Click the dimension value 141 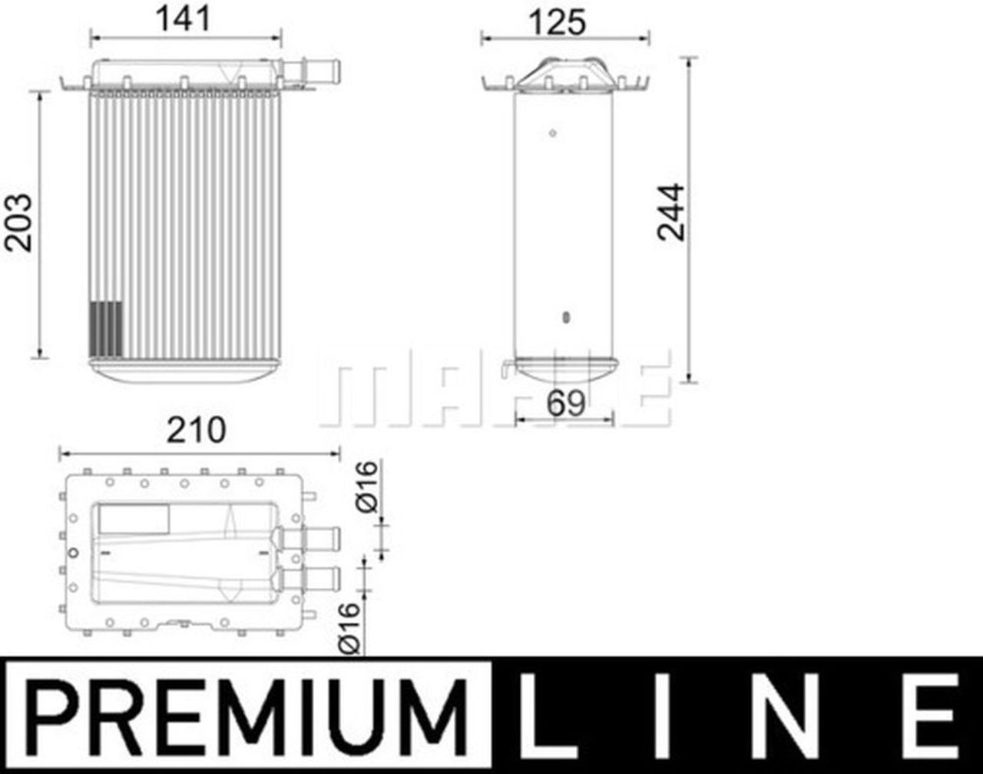[x=184, y=18]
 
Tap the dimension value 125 [x=557, y=22]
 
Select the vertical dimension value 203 [x=19, y=223]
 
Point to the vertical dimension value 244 [x=671, y=212]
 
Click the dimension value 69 [x=565, y=403]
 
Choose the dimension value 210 [x=196, y=430]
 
